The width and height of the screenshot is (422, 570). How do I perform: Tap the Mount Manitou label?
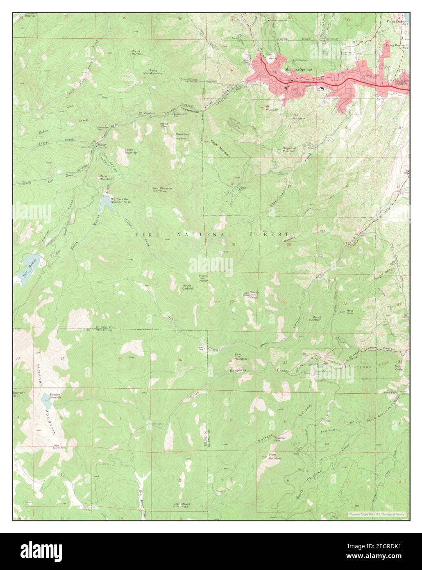(136, 53)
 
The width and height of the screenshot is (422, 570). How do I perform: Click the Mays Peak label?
(350, 312)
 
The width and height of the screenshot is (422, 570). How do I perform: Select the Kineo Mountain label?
(240, 356)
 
